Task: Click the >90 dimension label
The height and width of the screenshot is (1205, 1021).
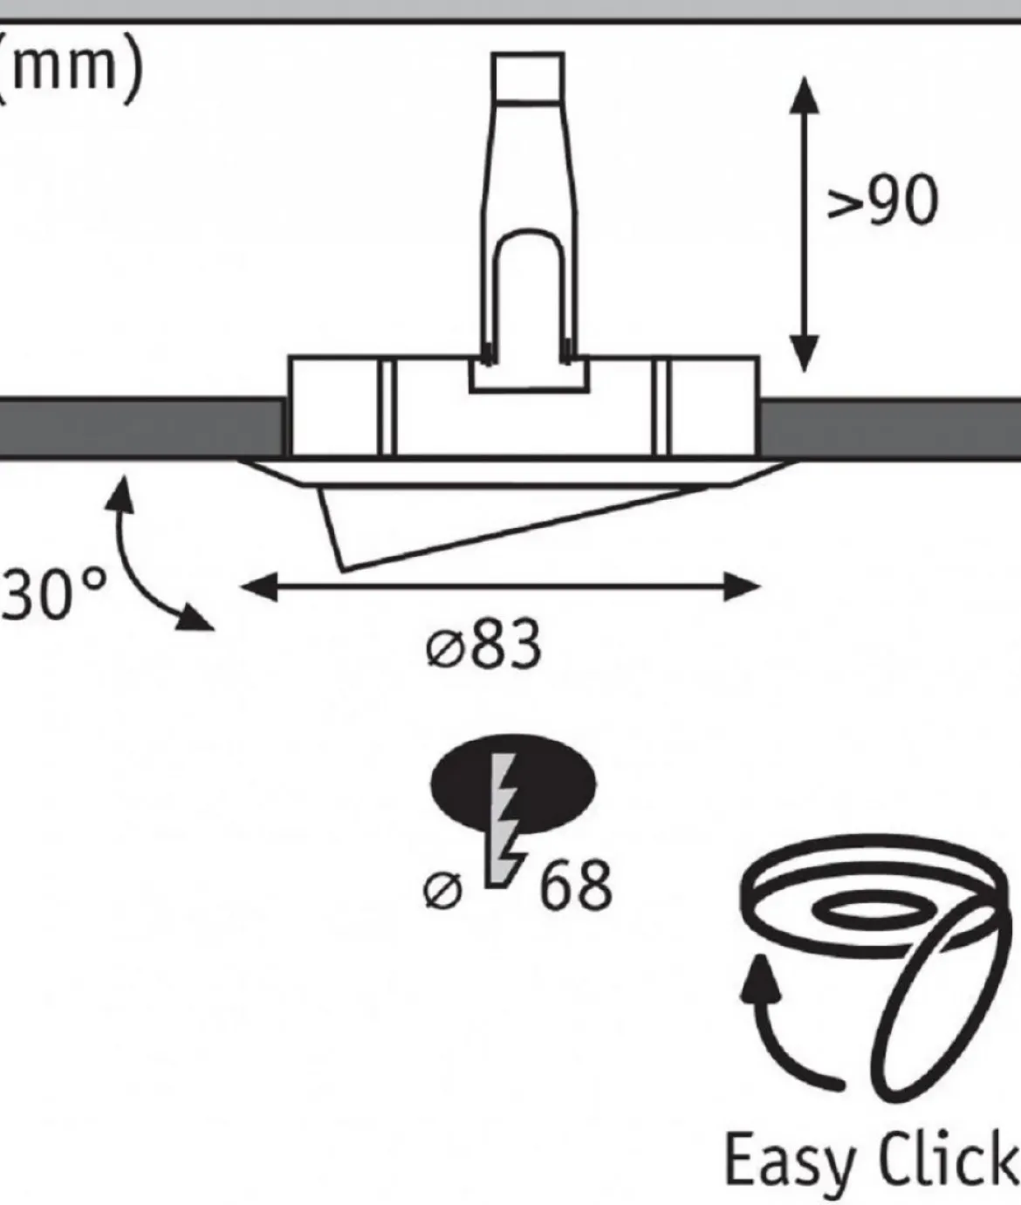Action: click(x=882, y=200)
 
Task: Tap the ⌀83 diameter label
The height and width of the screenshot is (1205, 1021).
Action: click(x=483, y=644)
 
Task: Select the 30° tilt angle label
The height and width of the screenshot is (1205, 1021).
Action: click(x=53, y=593)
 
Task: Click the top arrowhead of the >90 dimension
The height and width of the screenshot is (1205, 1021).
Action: click(x=805, y=95)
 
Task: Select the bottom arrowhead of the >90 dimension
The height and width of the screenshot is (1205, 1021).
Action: click(x=805, y=353)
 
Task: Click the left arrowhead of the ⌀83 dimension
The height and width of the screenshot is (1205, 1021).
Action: click(x=258, y=586)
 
